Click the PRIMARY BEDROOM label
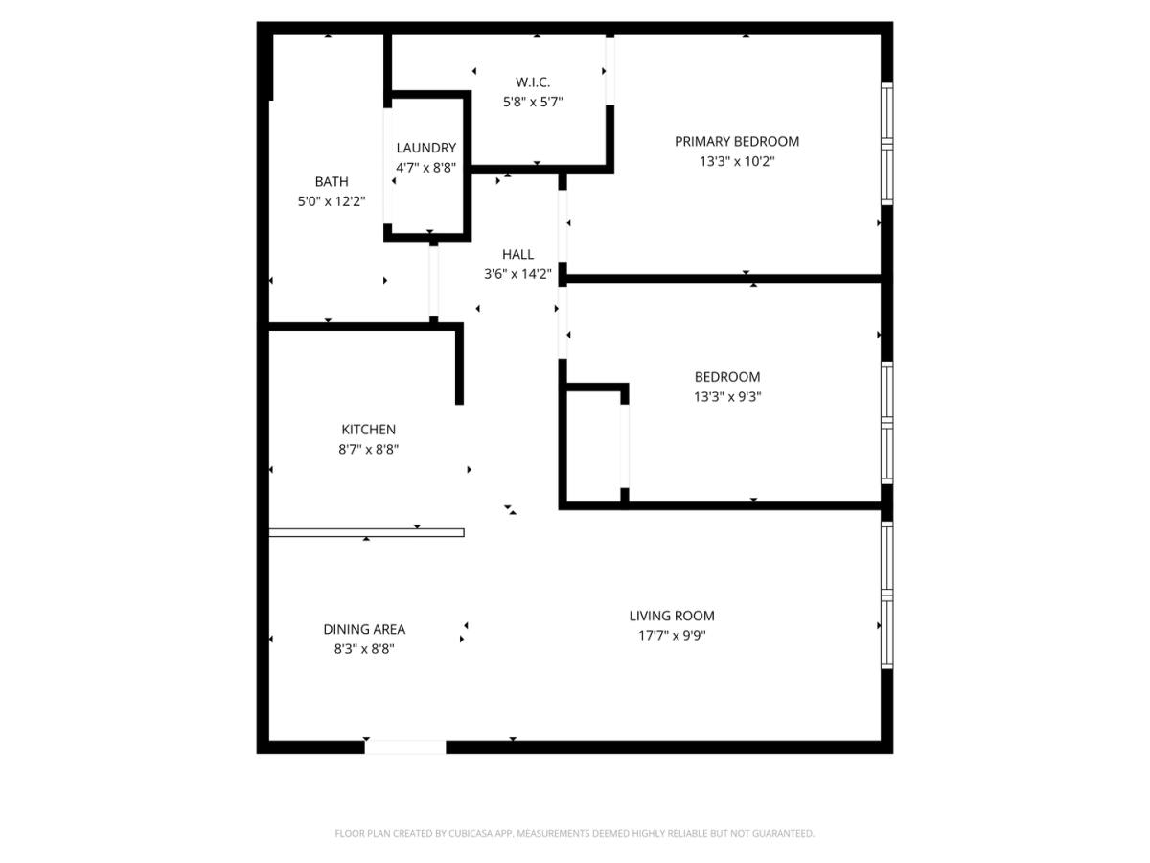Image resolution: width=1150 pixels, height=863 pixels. click(x=736, y=142)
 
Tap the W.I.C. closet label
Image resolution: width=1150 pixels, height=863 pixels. click(x=532, y=82)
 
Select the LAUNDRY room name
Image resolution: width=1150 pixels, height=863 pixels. click(x=425, y=148)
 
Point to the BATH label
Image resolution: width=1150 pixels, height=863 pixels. click(x=332, y=182)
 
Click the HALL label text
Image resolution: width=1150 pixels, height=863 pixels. click(x=517, y=255)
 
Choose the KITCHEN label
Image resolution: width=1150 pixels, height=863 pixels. click(x=368, y=430)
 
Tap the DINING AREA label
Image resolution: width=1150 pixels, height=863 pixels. click(x=364, y=629)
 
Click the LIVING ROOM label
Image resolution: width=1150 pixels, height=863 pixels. click(x=672, y=616)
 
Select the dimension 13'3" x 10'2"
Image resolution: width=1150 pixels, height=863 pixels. click(x=737, y=161)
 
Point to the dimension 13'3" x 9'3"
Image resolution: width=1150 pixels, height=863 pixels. click(x=727, y=397)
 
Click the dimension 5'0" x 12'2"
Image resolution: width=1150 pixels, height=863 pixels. click(x=332, y=201)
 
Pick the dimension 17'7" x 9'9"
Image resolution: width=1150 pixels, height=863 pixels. click(x=672, y=636)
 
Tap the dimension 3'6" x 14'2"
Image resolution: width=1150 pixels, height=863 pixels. click(x=517, y=274)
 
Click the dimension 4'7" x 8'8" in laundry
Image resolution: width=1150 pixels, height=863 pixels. click(x=425, y=168)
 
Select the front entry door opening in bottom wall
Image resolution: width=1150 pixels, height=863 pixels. click(x=405, y=747)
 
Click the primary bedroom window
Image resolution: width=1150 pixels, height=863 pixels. click(x=886, y=144)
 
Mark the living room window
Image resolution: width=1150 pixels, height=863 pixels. click(x=886, y=595)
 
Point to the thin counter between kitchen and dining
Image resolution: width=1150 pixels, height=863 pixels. click(x=366, y=533)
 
